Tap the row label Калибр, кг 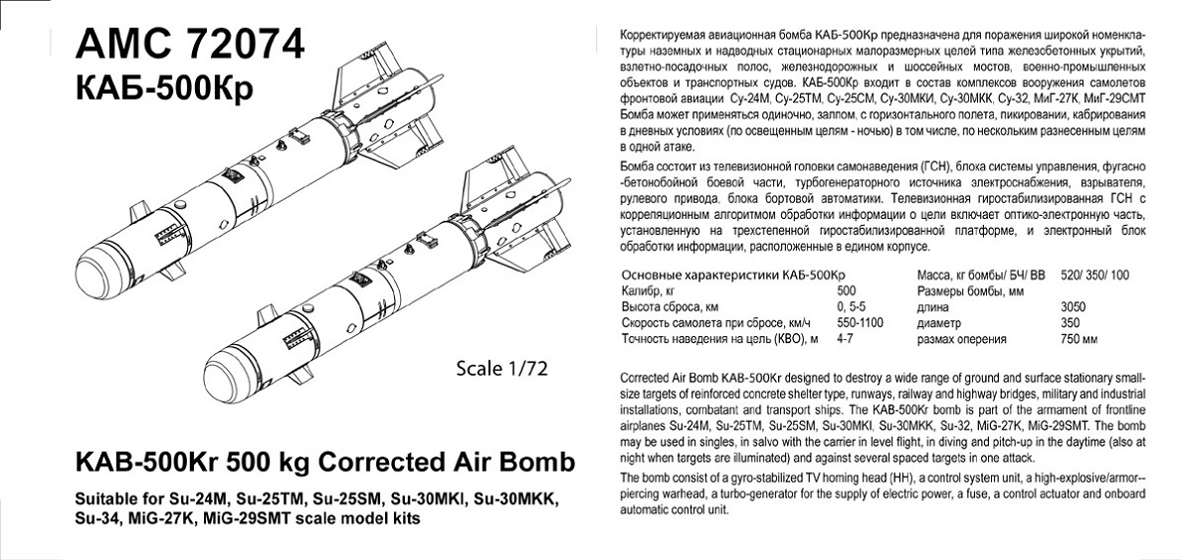tap(648, 291)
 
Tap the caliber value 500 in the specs tap(848, 291)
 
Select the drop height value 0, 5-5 tap(854, 307)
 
